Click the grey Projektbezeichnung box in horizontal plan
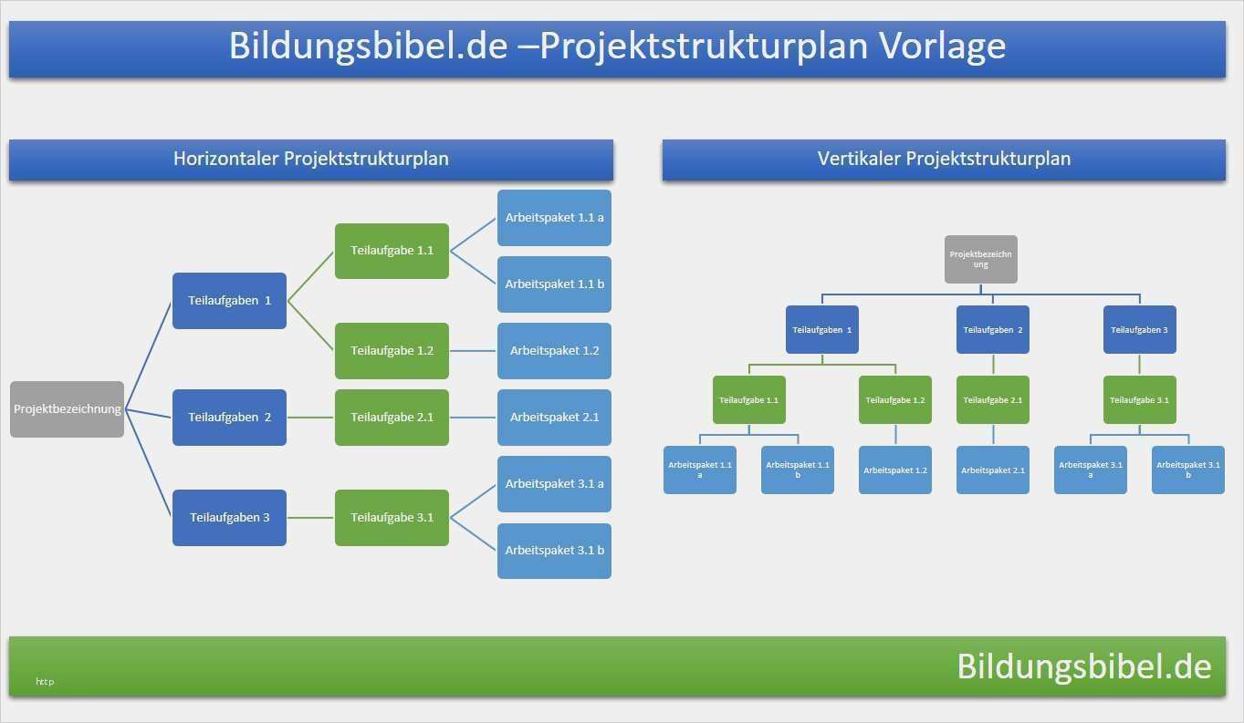coord(67,409)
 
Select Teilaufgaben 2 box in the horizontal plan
coord(229,418)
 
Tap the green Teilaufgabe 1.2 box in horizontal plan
coord(392,351)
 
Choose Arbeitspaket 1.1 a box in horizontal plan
coord(554,218)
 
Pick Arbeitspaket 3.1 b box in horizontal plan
coord(554,551)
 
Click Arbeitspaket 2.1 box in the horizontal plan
coord(554,418)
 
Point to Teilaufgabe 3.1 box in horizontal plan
coord(392,518)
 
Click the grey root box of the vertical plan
coord(980,259)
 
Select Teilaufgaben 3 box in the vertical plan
coord(1139,330)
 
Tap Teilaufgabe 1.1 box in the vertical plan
coord(748,399)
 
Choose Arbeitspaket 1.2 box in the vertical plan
coord(895,470)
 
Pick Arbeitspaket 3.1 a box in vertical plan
coord(1090,470)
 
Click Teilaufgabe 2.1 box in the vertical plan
coord(993,399)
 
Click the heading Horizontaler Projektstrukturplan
coord(310,160)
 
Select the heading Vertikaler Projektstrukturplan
coord(944,160)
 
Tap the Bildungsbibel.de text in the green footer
coord(1083,666)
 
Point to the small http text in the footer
coord(45,681)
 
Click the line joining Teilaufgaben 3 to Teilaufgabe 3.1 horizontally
coord(310,518)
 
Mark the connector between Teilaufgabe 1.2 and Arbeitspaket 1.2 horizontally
coord(473,351)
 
